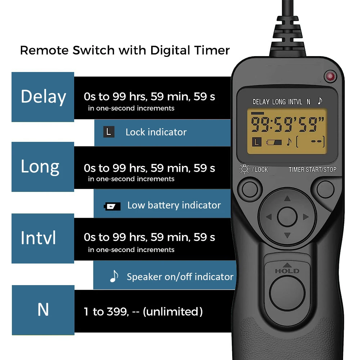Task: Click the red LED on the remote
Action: pos(330,76)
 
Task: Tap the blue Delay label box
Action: pos(43,97)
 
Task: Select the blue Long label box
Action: pos(43,167)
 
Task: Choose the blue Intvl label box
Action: pos(43,238)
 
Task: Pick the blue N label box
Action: pos(43,310)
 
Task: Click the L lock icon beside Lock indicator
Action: pos(108,132)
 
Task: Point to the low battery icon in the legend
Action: pos(112,206)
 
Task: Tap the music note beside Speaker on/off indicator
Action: pos(114,276)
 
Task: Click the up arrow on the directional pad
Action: pos(287,198)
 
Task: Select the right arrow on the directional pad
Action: pos(306,217)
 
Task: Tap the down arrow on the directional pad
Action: pos(287,235)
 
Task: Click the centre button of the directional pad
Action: pos(287,217)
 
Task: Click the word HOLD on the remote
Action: pos(287,271)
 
